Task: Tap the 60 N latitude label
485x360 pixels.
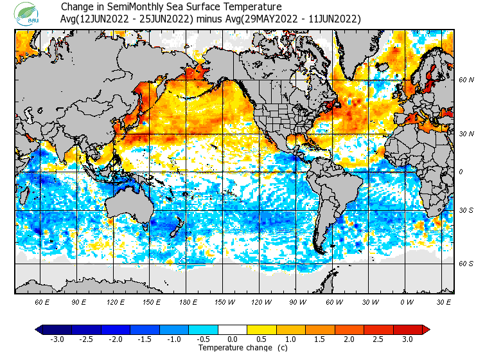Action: point(466,80)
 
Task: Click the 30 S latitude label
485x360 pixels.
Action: point(466,211)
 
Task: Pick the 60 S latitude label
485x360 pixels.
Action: point(466,264)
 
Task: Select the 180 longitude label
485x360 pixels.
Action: point(188,301)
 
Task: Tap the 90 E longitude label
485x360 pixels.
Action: point(79,301)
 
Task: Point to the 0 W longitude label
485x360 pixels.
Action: point(406,301)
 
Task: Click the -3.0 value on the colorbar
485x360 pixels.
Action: point(57,339)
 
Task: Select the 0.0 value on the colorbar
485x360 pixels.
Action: point(233,339)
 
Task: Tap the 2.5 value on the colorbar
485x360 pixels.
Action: point(379,339)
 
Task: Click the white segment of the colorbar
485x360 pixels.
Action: point(233,330)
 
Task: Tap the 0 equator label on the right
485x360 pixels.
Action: point(460,172)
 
